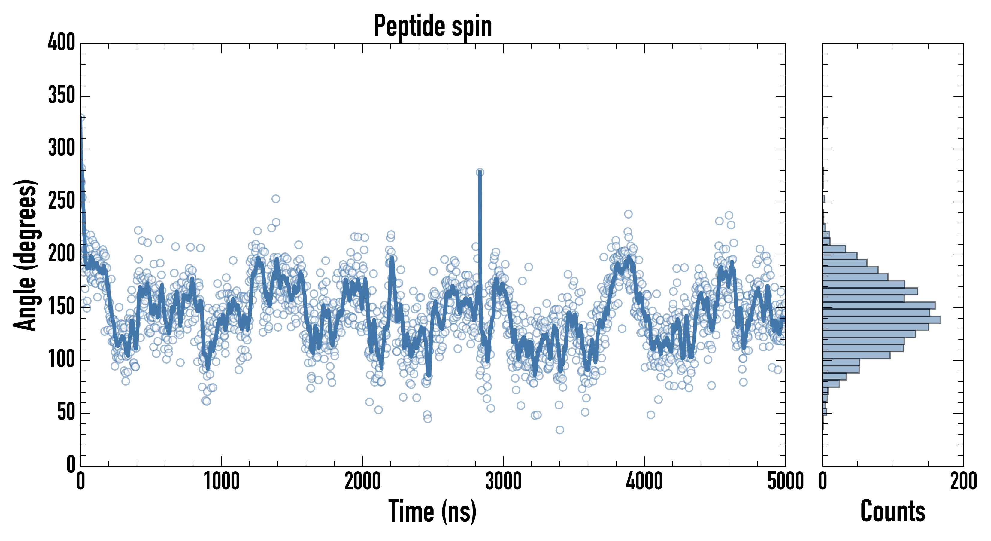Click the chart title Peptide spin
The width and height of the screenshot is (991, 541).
coord(433,26)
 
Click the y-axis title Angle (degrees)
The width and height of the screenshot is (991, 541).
coord(26,255)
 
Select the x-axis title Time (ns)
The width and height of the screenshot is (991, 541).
coord(433,511)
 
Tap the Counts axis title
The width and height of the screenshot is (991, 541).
coord(893,511)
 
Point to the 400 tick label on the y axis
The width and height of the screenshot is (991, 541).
coord(62,42)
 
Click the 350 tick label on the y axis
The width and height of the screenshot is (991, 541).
coord(62,96)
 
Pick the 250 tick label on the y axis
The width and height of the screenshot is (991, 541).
coord(62,201)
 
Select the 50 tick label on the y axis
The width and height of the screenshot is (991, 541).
coord(66,412)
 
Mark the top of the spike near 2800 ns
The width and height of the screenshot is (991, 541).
coord(480,173)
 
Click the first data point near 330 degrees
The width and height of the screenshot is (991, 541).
coord(81,118)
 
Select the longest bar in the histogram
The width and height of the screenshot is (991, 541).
coord(881,319)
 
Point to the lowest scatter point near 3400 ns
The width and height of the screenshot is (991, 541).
coord(560,430)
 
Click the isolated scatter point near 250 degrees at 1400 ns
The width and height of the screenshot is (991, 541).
coord(275,199)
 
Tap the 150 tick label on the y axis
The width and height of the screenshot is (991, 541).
coord(62,307)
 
